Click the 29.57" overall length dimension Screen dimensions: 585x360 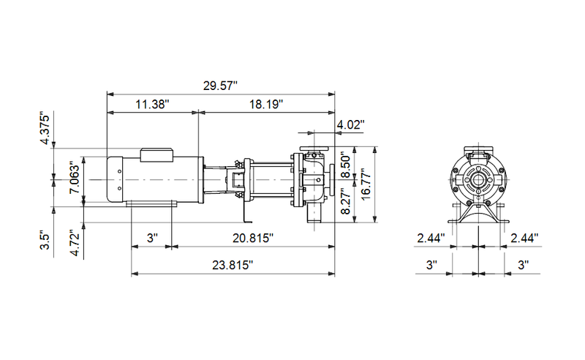[x=220, y=86]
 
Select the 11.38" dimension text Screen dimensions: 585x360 [x=152, y=104]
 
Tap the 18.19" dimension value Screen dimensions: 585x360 [x=266, y=104]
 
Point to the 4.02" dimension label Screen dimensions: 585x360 [x=350, y=124]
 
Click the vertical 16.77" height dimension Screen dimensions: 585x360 [x=366, y=185]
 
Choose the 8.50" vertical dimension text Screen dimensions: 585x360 [x=346, y=165]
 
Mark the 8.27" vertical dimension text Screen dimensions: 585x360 [x=346, y=203]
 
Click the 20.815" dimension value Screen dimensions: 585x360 [x=253, y=238]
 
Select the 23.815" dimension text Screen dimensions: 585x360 [x=233, y=265]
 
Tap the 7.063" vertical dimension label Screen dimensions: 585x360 [x=75, y=177]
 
